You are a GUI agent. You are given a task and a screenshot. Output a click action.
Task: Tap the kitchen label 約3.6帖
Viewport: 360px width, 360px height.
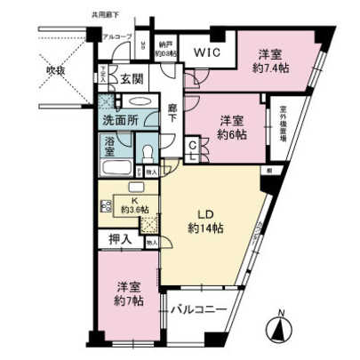(134, 204)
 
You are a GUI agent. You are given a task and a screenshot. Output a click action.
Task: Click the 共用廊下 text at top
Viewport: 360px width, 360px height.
(106, 14)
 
